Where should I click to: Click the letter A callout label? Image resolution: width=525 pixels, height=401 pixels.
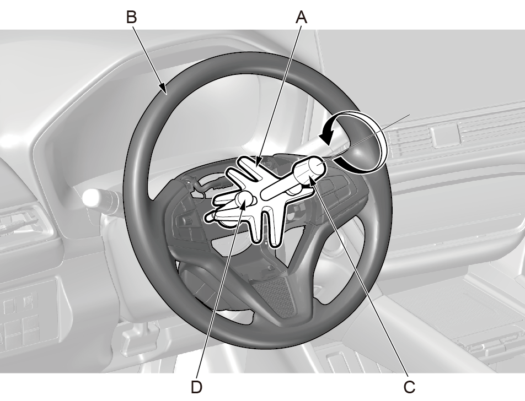[x=301, y=17]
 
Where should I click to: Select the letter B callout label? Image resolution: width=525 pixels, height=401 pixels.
[x=132, y=17]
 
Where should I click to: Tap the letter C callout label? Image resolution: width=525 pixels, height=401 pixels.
[x=409, y=387]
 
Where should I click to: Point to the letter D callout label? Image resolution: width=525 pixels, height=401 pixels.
[x=196, y=387]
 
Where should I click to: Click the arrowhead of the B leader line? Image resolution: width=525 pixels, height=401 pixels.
[x=164, y=89]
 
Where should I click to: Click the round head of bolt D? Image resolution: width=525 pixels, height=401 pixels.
[x=244, y=199]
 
